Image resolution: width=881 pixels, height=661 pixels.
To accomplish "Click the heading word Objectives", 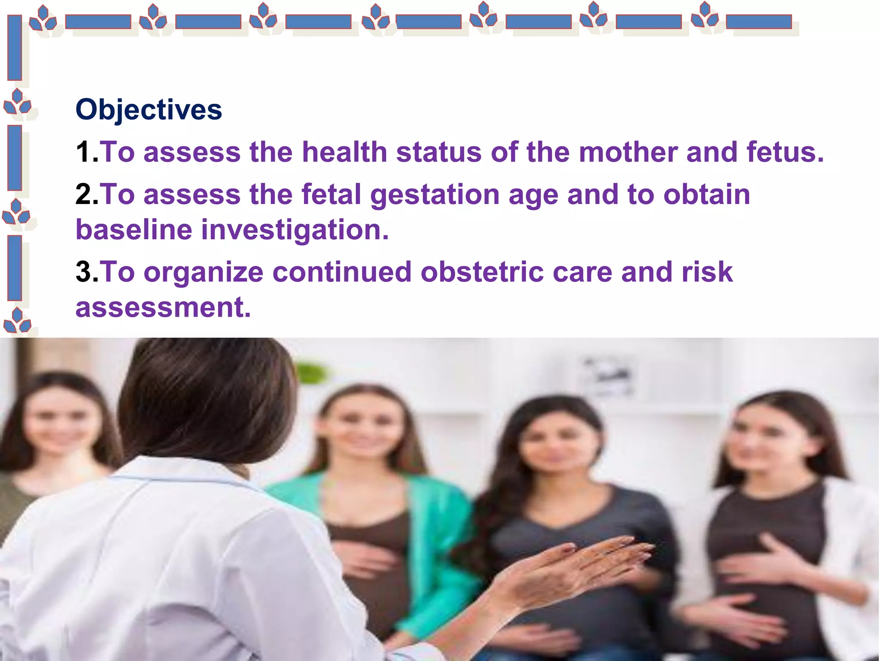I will [149, 110].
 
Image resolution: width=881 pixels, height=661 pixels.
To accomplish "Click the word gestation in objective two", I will [434, 195].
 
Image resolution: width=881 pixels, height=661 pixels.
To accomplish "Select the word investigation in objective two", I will [295, 230].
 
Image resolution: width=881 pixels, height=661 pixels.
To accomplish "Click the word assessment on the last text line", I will [163, 307].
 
